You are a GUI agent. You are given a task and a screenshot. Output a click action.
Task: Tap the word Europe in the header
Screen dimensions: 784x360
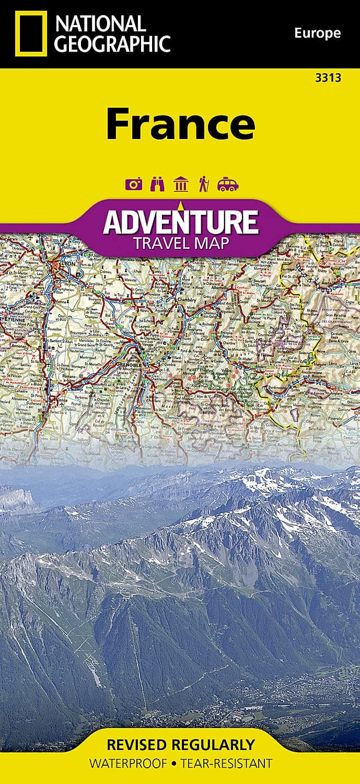(317, 34)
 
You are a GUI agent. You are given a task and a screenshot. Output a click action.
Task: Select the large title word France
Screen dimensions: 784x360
(180, 124)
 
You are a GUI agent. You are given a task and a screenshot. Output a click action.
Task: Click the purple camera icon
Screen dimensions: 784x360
(132, 185)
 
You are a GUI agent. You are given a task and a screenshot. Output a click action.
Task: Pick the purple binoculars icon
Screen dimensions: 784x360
(157, 185)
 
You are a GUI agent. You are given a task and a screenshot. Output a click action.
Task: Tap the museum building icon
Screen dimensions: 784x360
(180, 185)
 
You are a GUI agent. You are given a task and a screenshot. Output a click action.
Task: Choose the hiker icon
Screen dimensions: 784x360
(204, 185)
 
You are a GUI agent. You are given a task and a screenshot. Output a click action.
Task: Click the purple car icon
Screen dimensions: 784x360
(228, 185)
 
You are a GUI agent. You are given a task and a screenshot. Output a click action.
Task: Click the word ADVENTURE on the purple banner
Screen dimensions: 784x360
(180, 222)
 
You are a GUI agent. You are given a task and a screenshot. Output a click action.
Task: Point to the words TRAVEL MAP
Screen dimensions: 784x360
(180, 243)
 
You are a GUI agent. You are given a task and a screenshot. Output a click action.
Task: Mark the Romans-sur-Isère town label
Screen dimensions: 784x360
(69, 376)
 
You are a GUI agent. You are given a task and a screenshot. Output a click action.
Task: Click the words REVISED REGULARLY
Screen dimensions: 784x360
(180, 744)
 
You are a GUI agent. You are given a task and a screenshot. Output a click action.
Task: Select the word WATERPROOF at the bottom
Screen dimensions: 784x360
(126, 764)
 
